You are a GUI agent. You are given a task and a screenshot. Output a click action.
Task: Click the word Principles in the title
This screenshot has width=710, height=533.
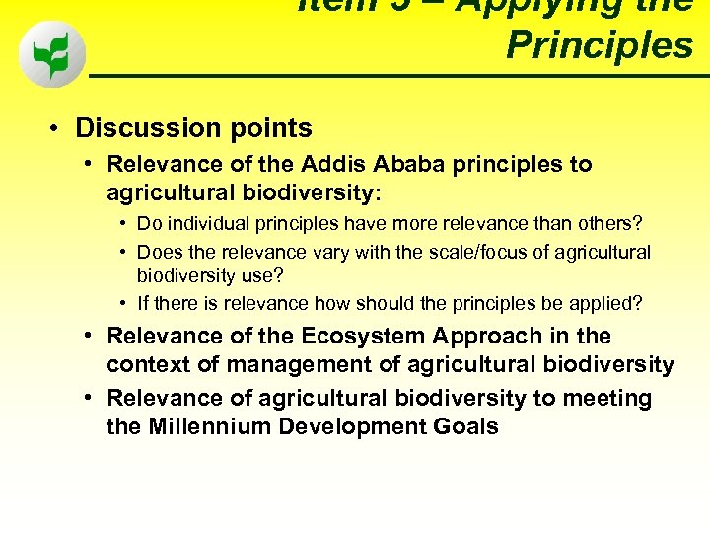coord(600,45)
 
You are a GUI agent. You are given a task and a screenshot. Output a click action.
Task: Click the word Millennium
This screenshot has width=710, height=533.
coord(208,427)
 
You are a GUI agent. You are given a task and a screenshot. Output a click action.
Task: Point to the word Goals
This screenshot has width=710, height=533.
coord(465,427)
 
